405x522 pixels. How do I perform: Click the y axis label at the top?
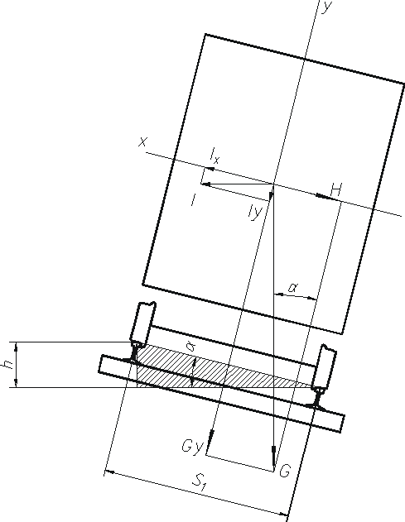326,7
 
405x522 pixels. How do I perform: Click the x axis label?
142,142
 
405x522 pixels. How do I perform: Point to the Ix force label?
215,156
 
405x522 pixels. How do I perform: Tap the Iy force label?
255,212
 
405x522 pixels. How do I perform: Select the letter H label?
336,190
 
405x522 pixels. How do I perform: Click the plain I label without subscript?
193,200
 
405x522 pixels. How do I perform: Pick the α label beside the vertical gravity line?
293,287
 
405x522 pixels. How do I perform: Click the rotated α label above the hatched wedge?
190,347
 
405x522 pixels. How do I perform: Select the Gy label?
191,447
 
